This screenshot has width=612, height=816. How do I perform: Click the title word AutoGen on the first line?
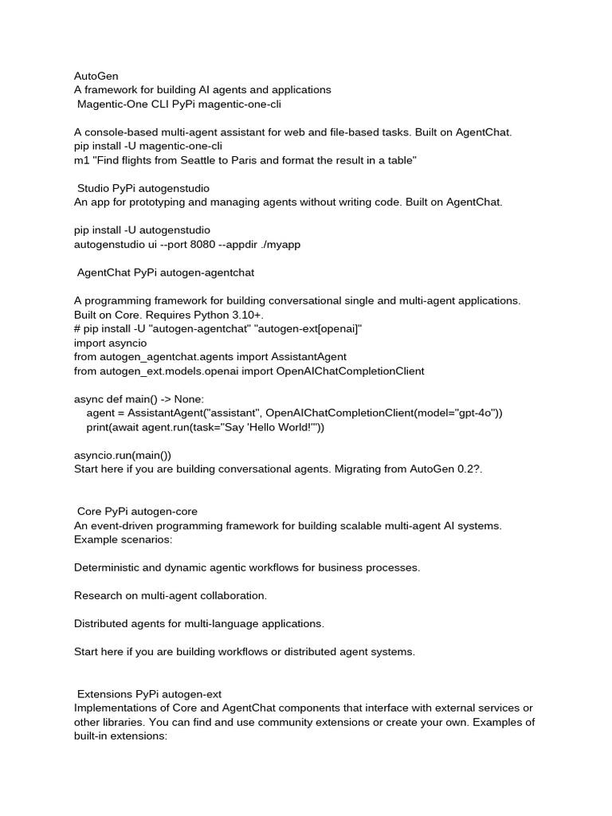click(x=96, y=76)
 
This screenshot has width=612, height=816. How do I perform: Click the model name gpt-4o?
click(x=474, y=413)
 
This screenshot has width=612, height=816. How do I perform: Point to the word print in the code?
click(x=99, y=427)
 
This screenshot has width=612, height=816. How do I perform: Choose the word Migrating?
click(x=363, y=469)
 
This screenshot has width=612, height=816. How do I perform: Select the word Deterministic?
click(x=111, y=567)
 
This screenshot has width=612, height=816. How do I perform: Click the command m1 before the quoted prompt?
click(x=82, y=160)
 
